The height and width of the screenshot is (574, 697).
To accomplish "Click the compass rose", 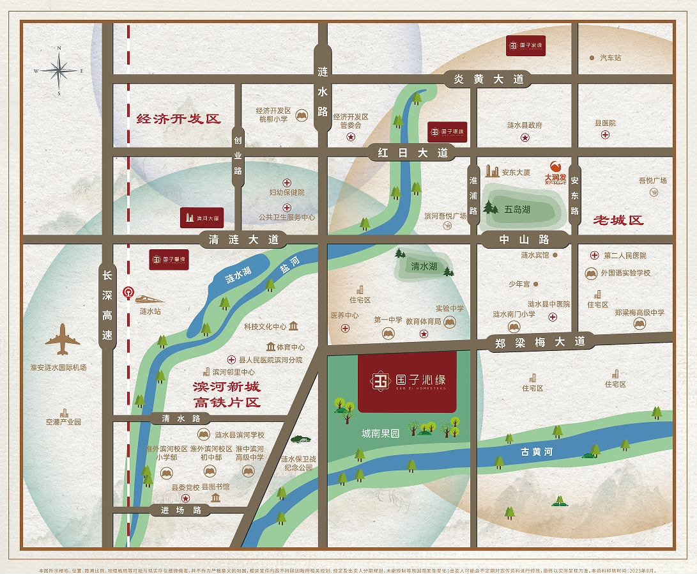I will [59, 70].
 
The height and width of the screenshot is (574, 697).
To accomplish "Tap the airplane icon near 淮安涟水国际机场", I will [63, 339].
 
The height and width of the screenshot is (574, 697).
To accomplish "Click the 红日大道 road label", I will [412, 152].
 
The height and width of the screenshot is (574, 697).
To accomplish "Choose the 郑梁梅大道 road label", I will [540, 342].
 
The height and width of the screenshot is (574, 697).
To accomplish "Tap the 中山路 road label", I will [524, 240].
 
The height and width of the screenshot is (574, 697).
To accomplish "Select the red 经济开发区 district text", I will [178, 119].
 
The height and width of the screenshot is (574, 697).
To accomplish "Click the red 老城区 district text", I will [618, 221].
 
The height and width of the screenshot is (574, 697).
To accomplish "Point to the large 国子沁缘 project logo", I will [408, 381].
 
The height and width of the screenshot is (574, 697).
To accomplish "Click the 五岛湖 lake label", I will [517, 209].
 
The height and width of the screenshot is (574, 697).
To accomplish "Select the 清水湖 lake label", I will [424, 266].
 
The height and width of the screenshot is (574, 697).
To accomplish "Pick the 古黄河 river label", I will [536, 452].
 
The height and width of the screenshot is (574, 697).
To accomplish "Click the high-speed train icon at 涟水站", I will [149, 299].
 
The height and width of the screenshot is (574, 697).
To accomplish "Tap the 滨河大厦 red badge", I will [202, 217].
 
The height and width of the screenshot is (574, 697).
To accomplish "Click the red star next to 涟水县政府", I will [525, 137].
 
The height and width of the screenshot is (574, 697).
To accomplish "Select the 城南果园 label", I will [380, 433].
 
